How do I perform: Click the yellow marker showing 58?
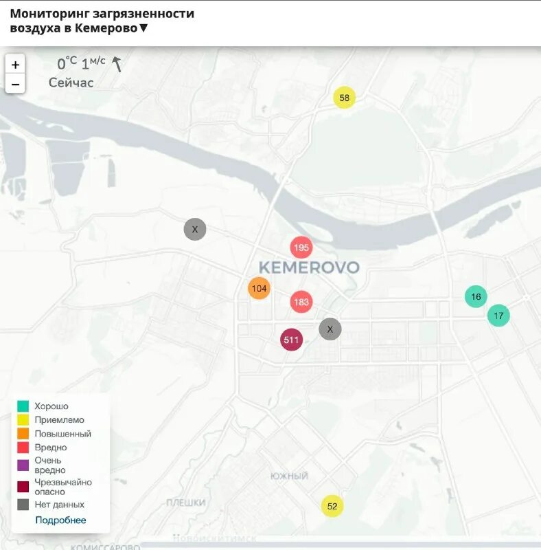click(x=344, y=98)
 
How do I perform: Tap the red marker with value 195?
click(x=301, y=247)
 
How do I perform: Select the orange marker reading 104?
click(x=259, y=288)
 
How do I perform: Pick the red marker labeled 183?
click(x=301, y=301)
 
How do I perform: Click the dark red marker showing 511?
click(x=292, y=340)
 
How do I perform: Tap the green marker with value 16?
click(x=475, y=296)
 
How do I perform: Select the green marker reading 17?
click(x=498, y=316)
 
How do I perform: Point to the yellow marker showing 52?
click(x=332, y=507)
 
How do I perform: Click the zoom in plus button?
click(x=15, y=65)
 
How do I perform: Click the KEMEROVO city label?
click(x=309, y=267)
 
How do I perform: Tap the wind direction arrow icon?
click(x=117, y=64)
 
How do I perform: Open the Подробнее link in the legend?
click(x=60, y=520)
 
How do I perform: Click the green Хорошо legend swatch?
click(x=23, y=406)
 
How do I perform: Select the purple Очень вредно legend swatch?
click(x=23, y=465)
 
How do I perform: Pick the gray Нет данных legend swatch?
click(x=23, y=505)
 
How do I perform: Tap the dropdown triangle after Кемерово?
click(x=143, y=28)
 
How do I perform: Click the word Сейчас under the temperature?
click(x=71, y=82)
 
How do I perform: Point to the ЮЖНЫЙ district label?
click(x=289, y=476)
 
